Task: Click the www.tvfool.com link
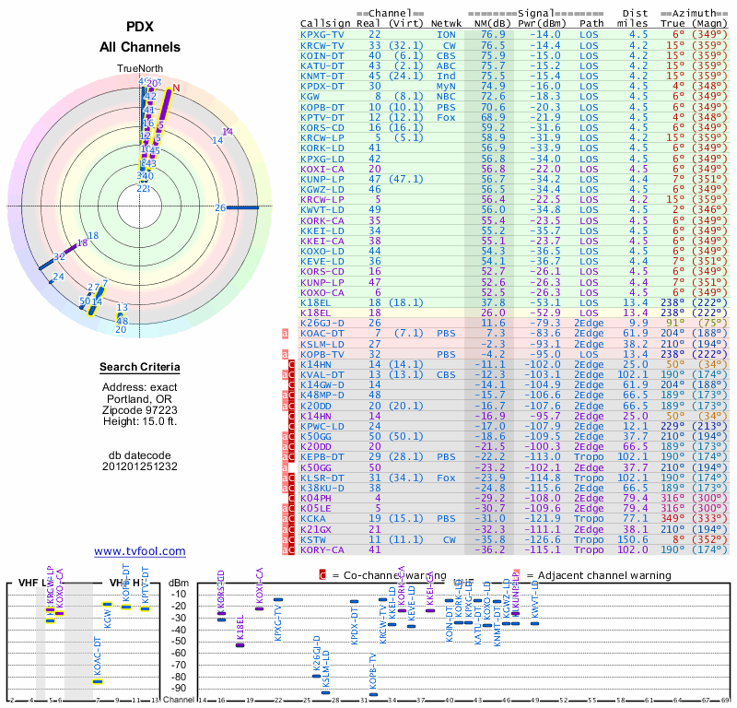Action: click(140, 551)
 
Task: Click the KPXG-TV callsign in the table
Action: click(322, 34)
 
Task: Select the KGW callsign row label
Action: click(310, 96)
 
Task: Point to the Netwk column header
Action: click(446, 23)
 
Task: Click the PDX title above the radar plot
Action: click(139, 28)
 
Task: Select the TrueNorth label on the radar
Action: click(139, 69)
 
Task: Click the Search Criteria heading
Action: click(139, 368)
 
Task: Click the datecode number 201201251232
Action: click(139, 466)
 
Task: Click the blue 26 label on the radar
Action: click(220, 207)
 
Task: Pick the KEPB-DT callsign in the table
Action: click(322, 456)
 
